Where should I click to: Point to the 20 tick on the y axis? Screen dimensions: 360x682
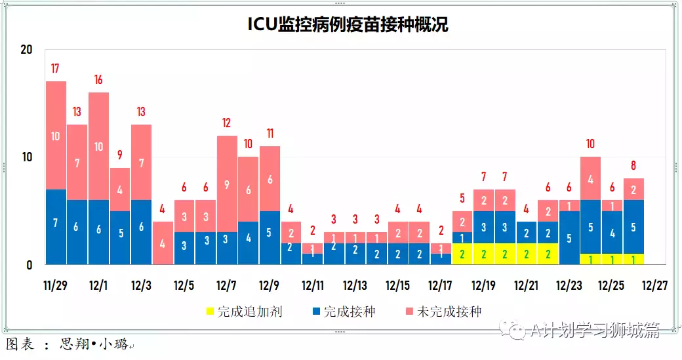(x=26, y=50)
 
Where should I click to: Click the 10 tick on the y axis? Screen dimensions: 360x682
(x=26, y=157)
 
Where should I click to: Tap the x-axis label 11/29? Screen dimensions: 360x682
(x=56, y=286)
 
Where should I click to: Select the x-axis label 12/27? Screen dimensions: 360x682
(x=654, y=286)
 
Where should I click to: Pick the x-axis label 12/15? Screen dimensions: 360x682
(x=398, y=286)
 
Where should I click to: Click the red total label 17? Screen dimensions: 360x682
(x=56, y=68)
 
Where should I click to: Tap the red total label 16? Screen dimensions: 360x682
(x=98, y=79)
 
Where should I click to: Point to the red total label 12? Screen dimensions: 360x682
(x=227, y=123)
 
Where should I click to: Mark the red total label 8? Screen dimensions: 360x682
(x=633, y=165)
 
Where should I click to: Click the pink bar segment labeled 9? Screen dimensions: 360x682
(x=227, y=184)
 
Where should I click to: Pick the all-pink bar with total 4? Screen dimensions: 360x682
(x=163, y=243)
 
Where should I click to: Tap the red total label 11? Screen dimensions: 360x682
(x=270, y=133)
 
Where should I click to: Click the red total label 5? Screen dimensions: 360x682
(x=462, y=198)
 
